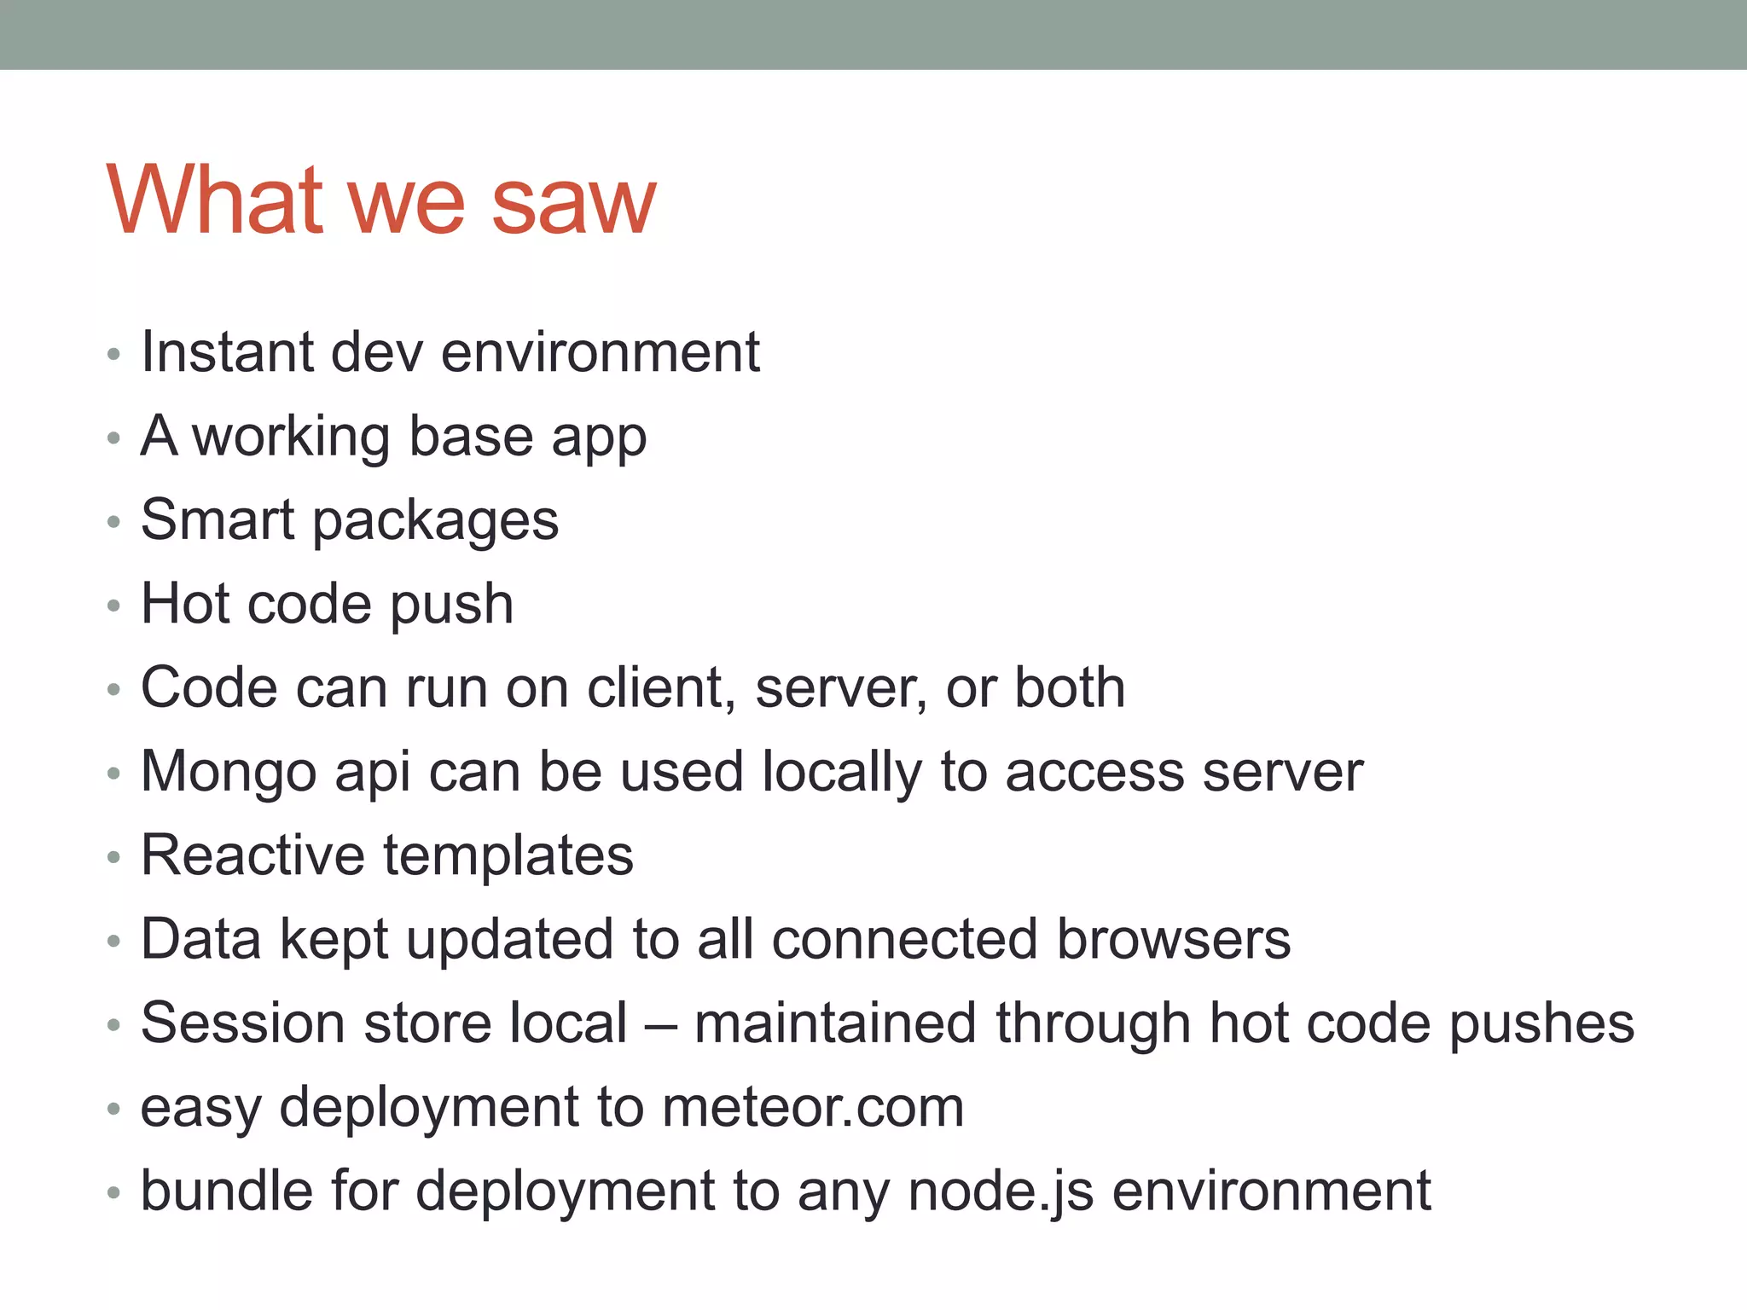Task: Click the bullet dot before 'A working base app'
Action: coord(113,439)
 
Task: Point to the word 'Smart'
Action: coord(218,519)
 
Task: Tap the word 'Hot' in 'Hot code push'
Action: coord(185,604)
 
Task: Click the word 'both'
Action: coord(1070,687)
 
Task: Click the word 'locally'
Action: coord(841,773)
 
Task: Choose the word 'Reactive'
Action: coord(252,855)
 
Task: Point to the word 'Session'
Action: coord(242,1023)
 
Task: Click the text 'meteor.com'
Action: coord(813,1107)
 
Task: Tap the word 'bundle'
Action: coord(226,1191)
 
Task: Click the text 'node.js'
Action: coord(1001,1191)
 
